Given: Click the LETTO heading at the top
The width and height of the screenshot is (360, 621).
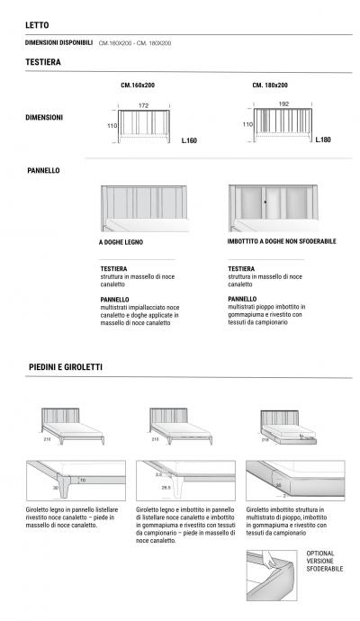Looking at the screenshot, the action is click(38, 26).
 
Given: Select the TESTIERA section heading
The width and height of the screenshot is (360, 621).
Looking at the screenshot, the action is click(43, 62).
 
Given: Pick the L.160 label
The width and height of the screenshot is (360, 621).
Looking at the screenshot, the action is click(188, 140).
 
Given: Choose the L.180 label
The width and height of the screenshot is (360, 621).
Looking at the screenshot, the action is click(324, 140).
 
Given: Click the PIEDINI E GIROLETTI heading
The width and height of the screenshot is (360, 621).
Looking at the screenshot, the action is click(64, 367).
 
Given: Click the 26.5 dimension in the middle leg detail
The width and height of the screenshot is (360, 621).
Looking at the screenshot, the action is click(166, 487).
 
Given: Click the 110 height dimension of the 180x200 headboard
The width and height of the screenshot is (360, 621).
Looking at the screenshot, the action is click(246, 125).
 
